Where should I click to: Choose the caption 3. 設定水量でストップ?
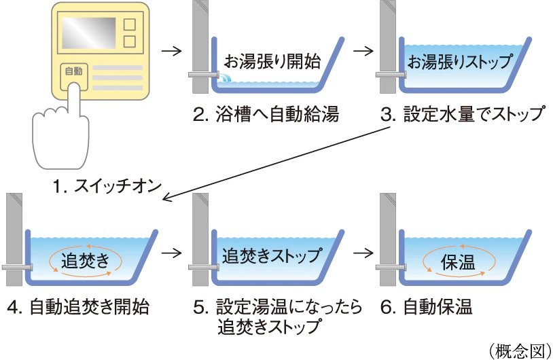(462, 114)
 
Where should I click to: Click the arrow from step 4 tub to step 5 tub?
(174, 253)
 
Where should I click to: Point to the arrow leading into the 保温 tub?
(364, 253)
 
